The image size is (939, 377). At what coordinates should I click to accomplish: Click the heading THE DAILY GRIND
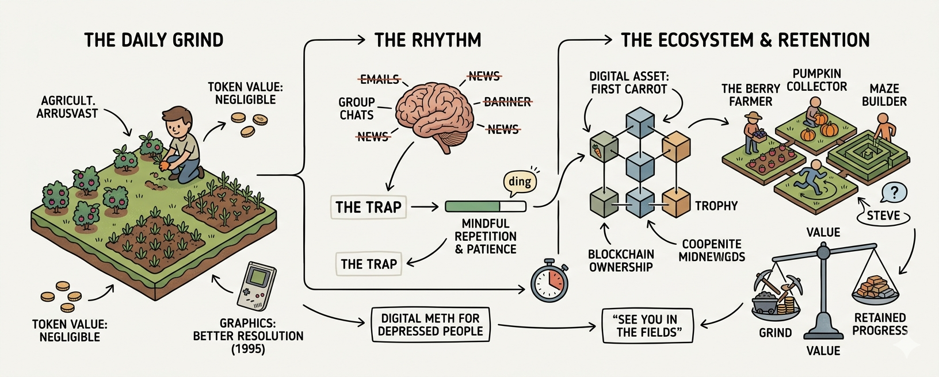(154, 40)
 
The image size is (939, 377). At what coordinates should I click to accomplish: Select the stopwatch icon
(549, 282)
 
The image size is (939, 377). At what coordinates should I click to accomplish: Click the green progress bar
(486, 206)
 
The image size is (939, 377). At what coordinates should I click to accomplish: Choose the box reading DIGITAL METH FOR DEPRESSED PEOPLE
(430, 325)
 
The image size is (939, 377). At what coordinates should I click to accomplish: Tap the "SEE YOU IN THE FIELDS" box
(647, 326)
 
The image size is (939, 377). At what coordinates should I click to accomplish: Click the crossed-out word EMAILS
(379, 79)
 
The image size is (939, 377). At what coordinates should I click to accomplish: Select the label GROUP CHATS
(357, 109)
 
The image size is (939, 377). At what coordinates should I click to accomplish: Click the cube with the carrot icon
(604, 147)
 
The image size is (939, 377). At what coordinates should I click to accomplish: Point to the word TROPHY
(716, 206)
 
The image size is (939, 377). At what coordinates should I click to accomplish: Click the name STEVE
(883, 216)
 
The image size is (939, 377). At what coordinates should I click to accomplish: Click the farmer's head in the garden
(177, 121)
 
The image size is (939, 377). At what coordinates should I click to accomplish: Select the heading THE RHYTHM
(427, 40)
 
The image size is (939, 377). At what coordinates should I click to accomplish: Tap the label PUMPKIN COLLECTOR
(817, 80)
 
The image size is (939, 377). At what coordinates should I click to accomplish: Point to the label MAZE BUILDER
(884, 95)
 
